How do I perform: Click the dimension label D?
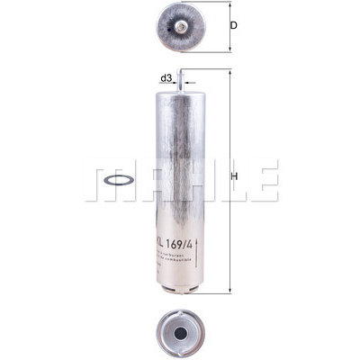[x=233, y=26]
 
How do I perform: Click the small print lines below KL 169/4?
[x=176, y=260]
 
